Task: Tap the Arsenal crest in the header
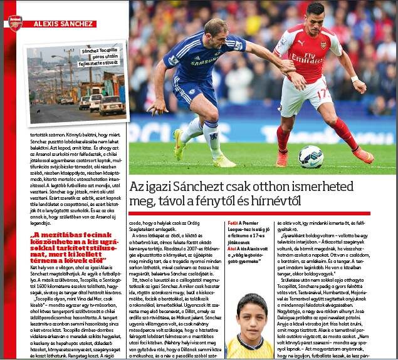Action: (x=14, y=23)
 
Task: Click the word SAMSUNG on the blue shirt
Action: (x=204, y=63)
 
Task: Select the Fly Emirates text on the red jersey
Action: (x=306, y=58)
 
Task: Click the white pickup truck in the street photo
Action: (x=111, y=105)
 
